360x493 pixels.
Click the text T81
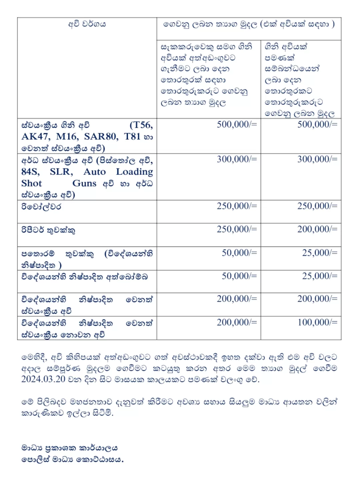pos(132,137)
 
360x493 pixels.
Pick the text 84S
pos(30,172)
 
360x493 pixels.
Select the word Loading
pos(134,172)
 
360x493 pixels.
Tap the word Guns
pos(84,183)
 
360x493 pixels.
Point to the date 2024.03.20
pos(43,379)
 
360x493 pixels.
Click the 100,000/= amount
pos(317,322)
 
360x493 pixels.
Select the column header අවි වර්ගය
pos(87,24)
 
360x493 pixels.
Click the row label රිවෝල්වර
pos(41,206)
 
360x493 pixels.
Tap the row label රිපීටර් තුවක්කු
pos(48,230)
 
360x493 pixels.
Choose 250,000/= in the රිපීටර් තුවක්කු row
pos(237,229)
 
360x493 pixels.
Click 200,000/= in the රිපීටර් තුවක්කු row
pos(317,229)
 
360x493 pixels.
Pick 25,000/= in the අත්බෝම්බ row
pos(320,276)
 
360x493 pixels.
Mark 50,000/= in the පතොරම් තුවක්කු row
pos(239,253)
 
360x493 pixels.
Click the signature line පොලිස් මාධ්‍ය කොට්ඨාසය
pos(72,459)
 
